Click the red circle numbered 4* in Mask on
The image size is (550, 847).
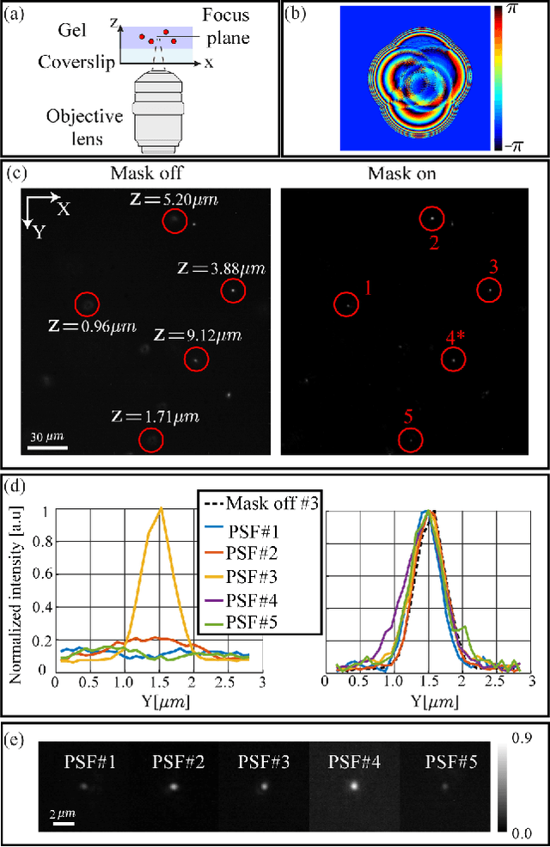pyautogui.click(x=454, y=360)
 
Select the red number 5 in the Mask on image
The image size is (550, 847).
pyautogui.click(x=408, y=418)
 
